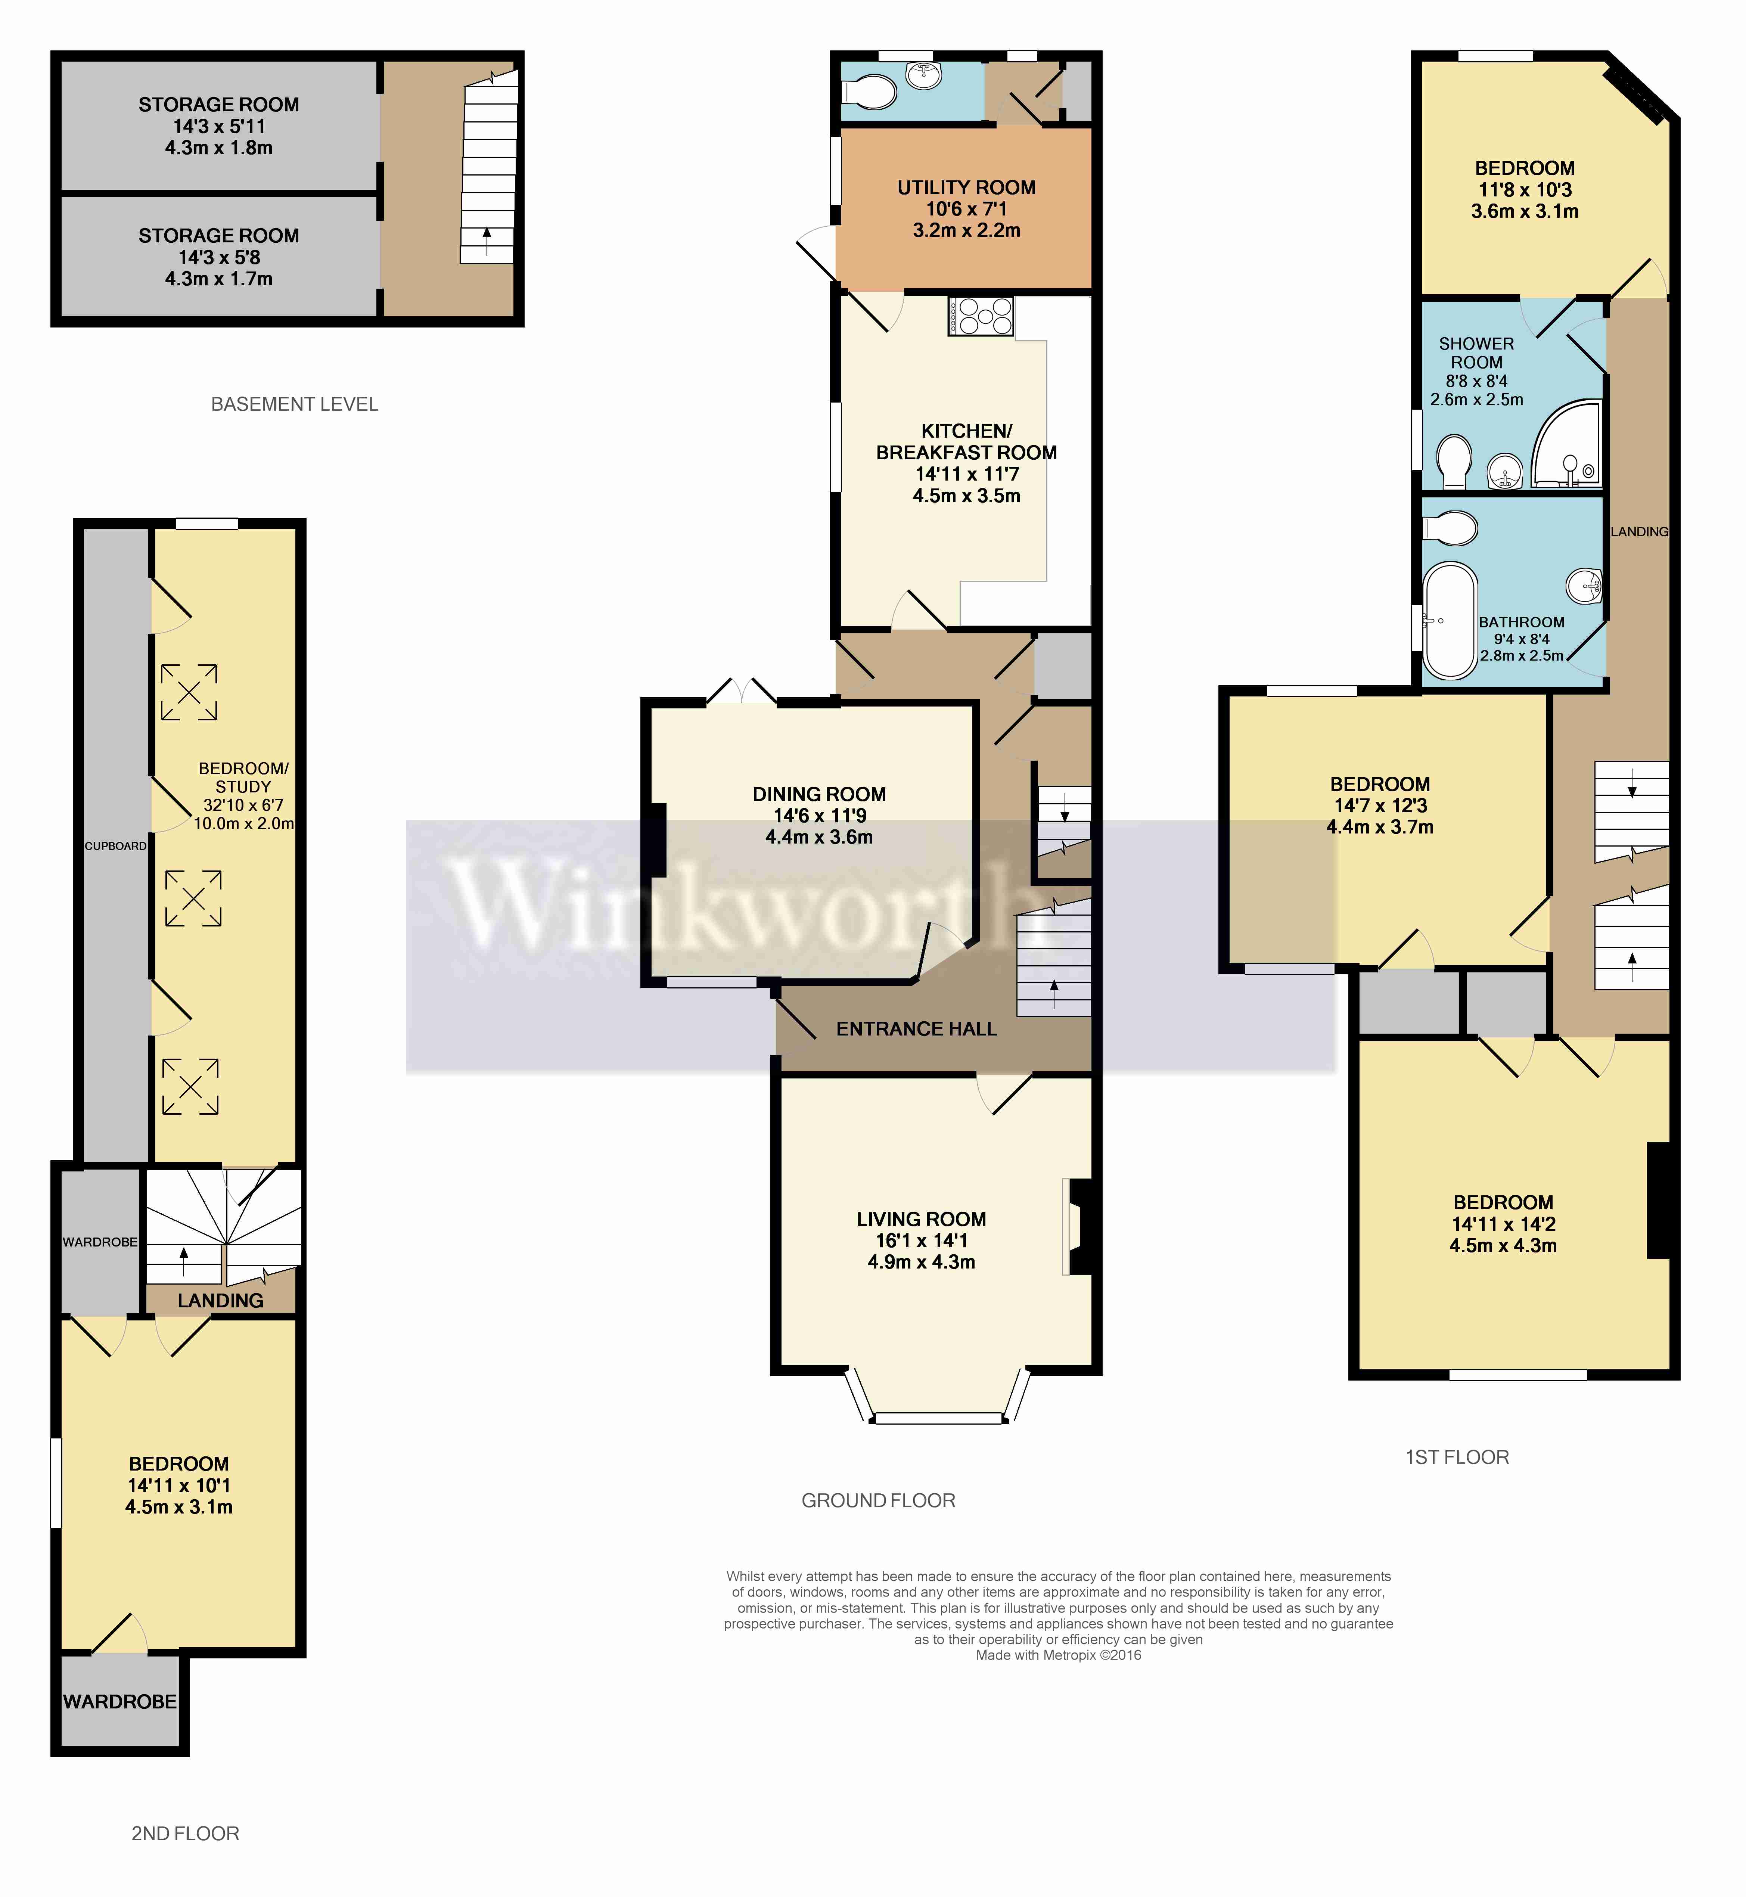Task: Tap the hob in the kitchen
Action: pos(981,317)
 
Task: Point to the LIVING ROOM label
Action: pos(921,1219)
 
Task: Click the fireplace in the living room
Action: pos(1077,1226)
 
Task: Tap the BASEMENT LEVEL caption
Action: pos(294,404)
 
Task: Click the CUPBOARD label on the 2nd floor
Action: pos(115,845)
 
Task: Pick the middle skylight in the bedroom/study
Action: pos(193,897)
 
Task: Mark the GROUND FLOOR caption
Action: pos(878,1500)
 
